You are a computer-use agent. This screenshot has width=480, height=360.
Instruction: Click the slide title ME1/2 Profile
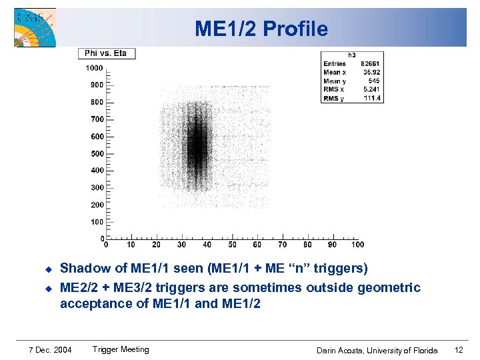[261, 29]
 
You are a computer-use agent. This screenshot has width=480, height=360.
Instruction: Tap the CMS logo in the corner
[35, 28]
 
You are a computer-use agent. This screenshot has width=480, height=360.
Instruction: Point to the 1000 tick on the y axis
[94, 68]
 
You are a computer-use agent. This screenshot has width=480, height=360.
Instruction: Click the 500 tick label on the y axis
[97, 153]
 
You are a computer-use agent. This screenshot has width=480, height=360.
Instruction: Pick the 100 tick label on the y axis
[97, 222]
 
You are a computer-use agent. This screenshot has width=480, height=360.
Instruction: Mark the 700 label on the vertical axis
[97, 119]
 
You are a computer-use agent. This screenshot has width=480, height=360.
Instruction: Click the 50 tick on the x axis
[231, 245]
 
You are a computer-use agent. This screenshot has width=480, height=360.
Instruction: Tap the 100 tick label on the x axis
[357, 245]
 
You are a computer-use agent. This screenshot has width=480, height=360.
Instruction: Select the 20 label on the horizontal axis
[155, 245]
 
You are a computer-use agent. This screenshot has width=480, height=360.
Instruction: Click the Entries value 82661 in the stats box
[371, 64]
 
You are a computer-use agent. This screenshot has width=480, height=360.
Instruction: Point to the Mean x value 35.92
[371, 73]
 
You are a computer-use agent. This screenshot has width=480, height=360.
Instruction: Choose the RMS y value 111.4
[372, 98]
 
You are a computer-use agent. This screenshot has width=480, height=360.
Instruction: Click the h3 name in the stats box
[352, 55]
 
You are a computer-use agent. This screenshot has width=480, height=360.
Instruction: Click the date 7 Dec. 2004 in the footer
[51, 350]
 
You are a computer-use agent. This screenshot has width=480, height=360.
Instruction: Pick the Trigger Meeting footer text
[121, 349]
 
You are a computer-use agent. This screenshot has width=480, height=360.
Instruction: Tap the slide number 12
[458, 350]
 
